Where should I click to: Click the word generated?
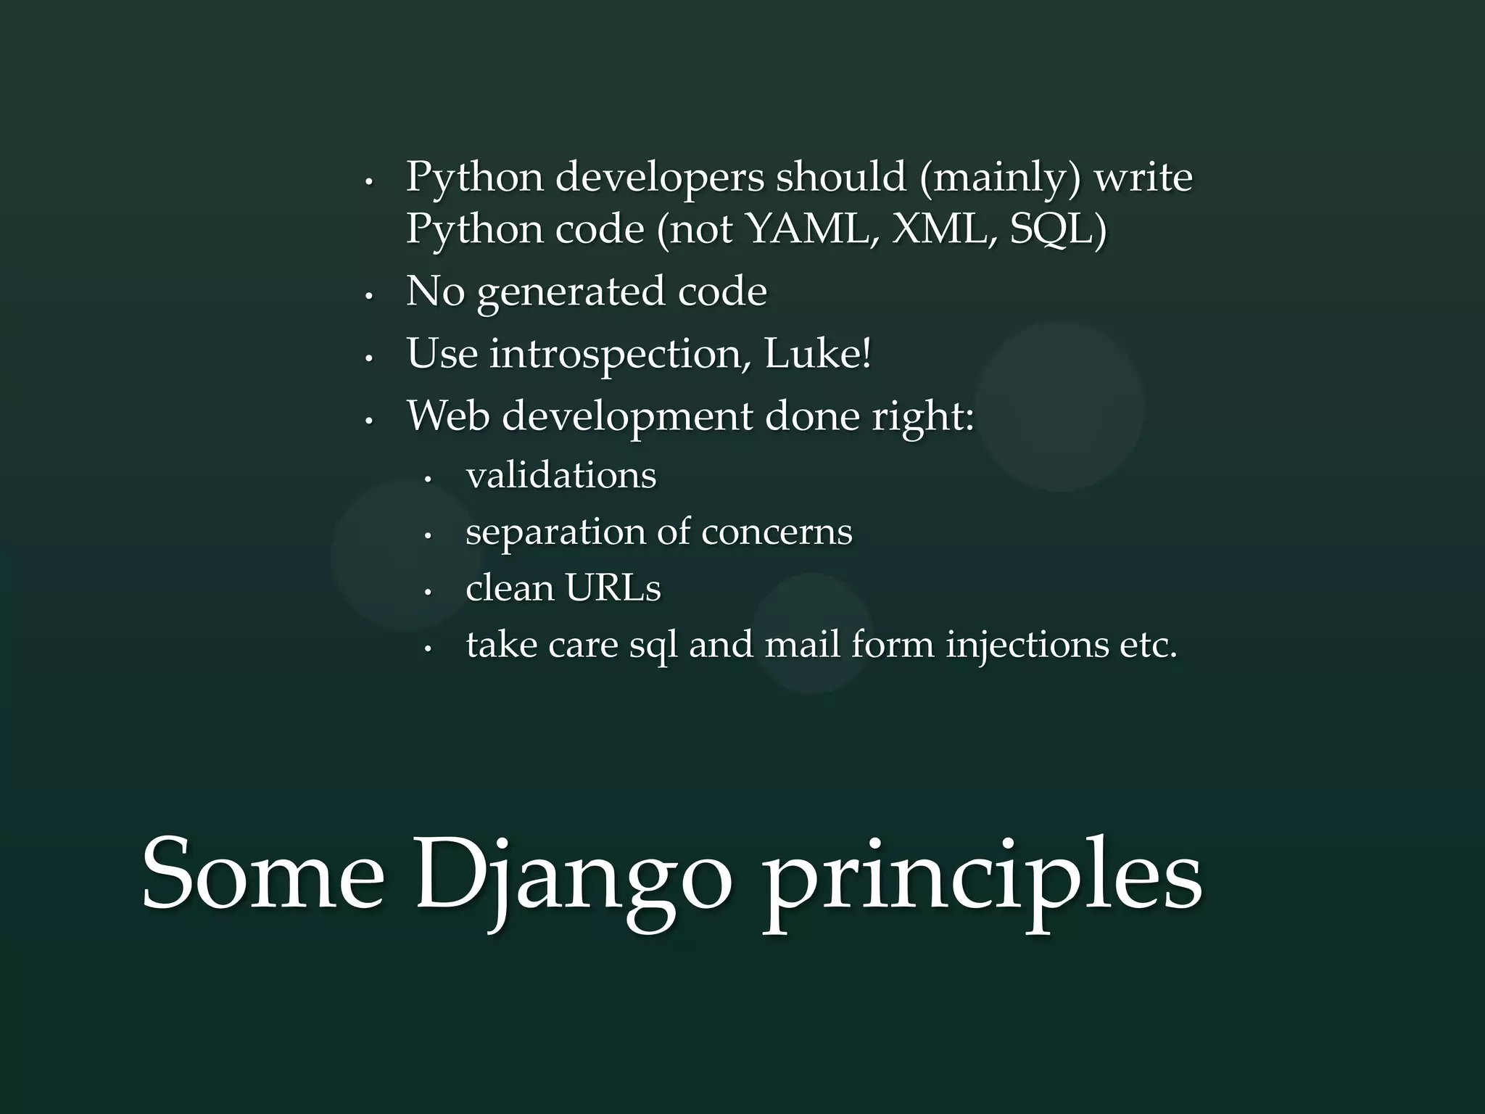tap(571, 292)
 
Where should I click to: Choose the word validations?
tap(561, 476)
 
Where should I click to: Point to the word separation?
tap(555, 532)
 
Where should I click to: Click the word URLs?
tap(613, 587)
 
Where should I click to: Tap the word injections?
tap(1027, 645)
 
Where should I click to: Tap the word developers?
tap(659, 178)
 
